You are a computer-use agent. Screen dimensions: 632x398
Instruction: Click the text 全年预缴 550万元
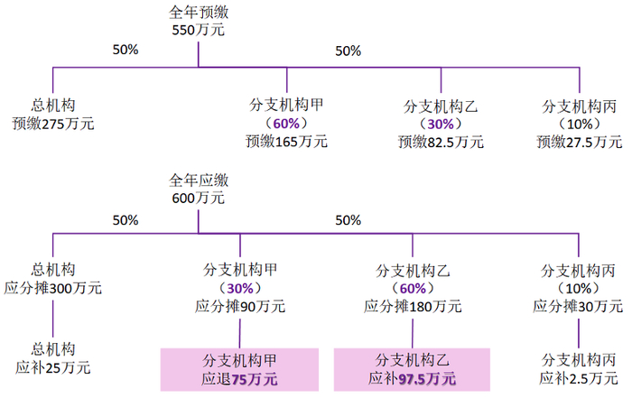(x=198, y=22)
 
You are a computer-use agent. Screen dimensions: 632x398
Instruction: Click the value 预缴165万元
(x=287, y=141)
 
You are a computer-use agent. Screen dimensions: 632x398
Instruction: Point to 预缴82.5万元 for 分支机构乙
(x=441, y=141)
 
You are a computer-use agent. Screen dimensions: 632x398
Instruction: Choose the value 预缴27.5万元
(x=579, y=141)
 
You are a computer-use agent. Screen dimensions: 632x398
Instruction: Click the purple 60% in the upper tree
(x=287, y=123)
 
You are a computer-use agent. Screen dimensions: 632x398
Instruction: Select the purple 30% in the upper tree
(x=441, y=123)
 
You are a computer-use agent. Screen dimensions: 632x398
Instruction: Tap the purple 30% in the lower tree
(x=240, y=288)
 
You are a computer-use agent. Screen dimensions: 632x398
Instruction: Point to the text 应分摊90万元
(x=240, y=307)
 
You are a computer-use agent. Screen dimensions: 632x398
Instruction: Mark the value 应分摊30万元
(x=579, y=307)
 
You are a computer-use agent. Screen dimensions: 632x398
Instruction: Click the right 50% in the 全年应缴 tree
(x=348, y=219)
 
